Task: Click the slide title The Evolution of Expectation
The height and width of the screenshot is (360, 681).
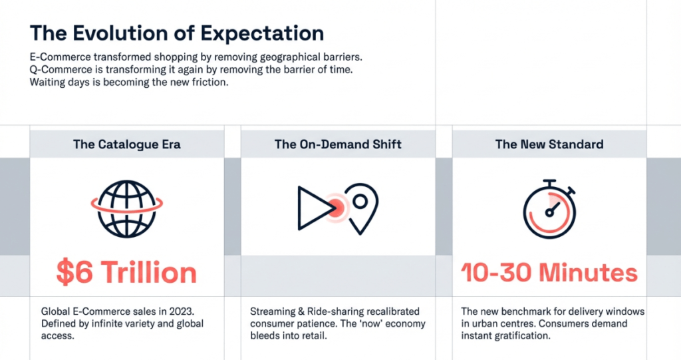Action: point(177,33)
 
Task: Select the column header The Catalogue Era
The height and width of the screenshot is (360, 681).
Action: point(127,144)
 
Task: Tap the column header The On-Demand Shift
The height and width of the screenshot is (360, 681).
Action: point(338,144)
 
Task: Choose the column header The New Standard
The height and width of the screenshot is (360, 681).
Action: point(549,144)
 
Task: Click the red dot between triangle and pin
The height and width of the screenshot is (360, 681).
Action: point(336,208)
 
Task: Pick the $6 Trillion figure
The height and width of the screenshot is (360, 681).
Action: point(126,273)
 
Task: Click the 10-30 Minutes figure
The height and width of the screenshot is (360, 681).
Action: point(549,273)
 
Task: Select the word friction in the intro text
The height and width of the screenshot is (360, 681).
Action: point(210,82)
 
